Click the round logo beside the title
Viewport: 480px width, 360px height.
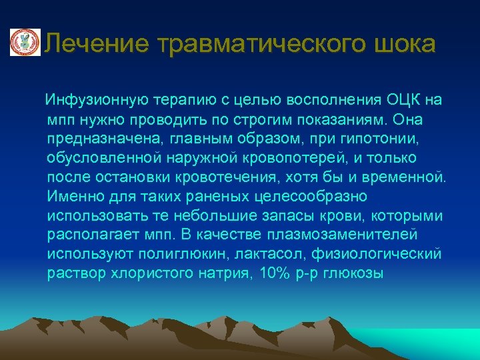pyautogui.click(x=25, y=43)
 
